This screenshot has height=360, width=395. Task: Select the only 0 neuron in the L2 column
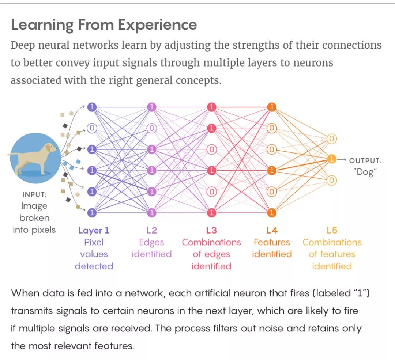pos(152,128)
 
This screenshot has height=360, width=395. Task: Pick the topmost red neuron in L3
pos(212,107)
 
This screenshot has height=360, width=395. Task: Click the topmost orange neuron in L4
pos(271,107)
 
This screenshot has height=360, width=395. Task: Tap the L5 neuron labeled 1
pos(331,159)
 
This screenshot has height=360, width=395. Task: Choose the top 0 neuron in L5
pos(331,139)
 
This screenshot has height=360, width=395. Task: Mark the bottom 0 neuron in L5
pos(331,180)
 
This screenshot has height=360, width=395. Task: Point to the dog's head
pos(49,148)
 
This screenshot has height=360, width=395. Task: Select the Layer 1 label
pos(94,230)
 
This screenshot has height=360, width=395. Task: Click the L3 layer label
pos(211,230)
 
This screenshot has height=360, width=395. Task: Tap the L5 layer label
pos(332,230)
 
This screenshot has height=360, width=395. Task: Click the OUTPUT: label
pos(365,160)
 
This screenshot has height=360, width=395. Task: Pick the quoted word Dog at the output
pos(365,172)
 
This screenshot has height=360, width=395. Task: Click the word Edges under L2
pos(152,242)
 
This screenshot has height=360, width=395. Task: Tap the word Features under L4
pos(272,242)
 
